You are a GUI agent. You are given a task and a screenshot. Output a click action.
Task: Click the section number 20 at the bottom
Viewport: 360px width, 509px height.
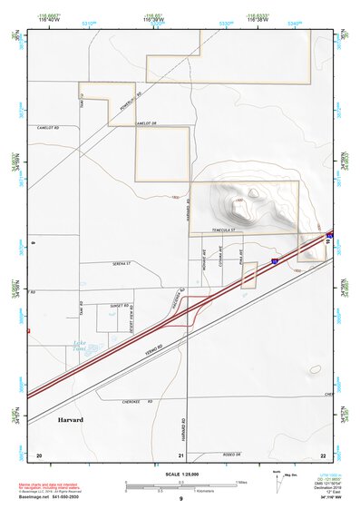coord(38,454)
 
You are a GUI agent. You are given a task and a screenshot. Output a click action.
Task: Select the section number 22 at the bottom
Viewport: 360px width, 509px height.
coord(322,454)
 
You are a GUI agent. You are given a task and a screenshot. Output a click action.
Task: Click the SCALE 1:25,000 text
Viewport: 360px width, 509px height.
coord(180,473)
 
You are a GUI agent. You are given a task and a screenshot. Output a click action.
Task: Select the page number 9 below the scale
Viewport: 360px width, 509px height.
coord(180,499)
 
